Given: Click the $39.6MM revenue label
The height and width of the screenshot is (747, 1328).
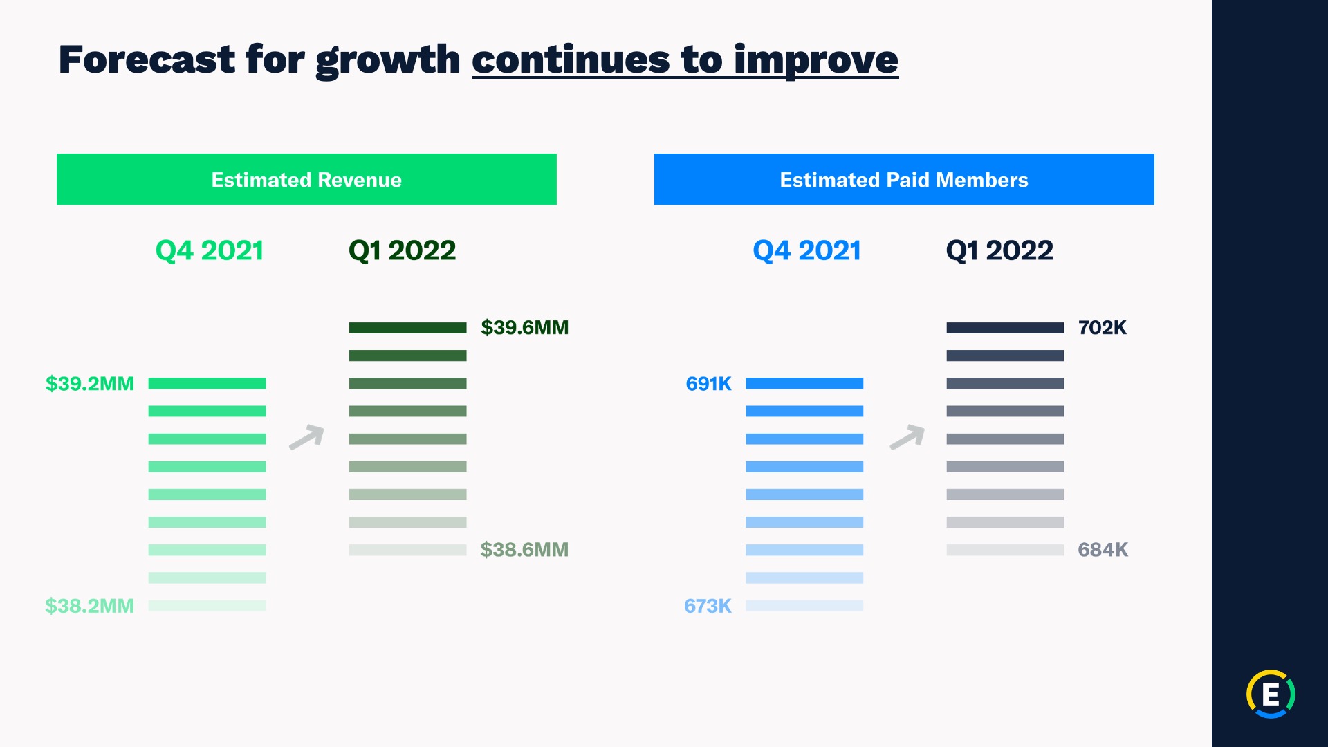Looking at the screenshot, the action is tap(524, 327).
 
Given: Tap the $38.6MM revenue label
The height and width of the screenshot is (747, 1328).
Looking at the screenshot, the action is tap(524, 550).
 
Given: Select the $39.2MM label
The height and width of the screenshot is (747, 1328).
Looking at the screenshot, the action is tap(90, 383).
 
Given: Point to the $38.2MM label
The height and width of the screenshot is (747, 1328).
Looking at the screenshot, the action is tap(90, 606).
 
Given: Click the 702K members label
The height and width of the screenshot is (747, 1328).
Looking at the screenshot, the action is tap(1103, 327).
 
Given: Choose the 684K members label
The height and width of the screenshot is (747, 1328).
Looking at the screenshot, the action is tap(1103, 550).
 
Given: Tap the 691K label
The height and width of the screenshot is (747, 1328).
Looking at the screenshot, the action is tap(708, 383).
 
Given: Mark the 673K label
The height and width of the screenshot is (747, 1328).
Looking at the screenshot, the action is tap(708, 606).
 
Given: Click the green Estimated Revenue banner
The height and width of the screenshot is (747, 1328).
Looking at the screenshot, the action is tap(306, 179).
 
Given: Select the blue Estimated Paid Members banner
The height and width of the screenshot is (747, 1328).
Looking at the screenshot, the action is tap(904, 179).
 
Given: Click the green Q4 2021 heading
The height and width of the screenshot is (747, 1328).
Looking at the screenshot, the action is tap(210, 250).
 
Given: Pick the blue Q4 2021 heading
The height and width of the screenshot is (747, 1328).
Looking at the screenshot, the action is tap(807, 250).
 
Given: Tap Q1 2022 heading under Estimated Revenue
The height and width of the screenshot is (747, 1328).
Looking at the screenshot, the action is tap(403, 250).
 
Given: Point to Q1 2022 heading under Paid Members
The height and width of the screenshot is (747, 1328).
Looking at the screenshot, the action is tap(1000, 250).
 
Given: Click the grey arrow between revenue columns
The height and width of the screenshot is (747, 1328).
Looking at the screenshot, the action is tap(307, 437).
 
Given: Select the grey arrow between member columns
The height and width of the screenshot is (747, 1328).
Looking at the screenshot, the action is tap(907, 437).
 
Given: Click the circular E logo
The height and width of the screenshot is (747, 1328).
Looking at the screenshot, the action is tap(1271, 694).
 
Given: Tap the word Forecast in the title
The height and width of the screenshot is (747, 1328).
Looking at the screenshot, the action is tap(147, 59).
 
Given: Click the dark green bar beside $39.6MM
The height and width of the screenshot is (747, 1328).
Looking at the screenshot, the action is tap(408, 328).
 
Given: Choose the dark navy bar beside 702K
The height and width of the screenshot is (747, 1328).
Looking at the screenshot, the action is tap(1005, 328).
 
